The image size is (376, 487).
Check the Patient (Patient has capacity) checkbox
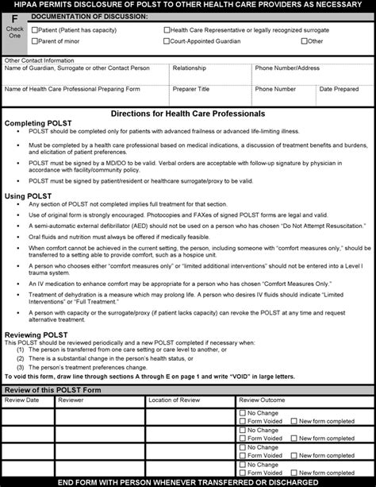click(x=33, y=30)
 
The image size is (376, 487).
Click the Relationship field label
click(x=190, y=68)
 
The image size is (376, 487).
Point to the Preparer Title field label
click(x=192, y=89)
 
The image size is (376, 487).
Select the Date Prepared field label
click(x=340, y=89)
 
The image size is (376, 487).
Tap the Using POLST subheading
click(x=27, y=194)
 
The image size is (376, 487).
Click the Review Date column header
click(x=21, y=400)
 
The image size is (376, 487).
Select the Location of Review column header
click(x=175, y=400)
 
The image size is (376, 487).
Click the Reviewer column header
click(x=71, y=400)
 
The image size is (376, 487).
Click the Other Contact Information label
click(x=44, y=60)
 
